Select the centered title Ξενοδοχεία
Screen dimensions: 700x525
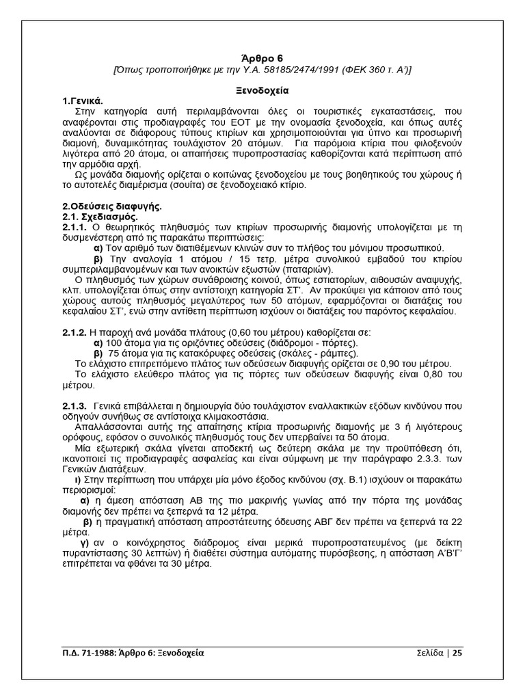coord(262,90)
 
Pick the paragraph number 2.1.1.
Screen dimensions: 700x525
coord(75,226)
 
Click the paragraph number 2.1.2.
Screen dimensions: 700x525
coord(75,332)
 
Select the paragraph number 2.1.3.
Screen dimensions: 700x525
coord(75,406)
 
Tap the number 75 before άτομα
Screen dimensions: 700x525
coord(115,353)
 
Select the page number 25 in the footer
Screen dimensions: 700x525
coord(457,653)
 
